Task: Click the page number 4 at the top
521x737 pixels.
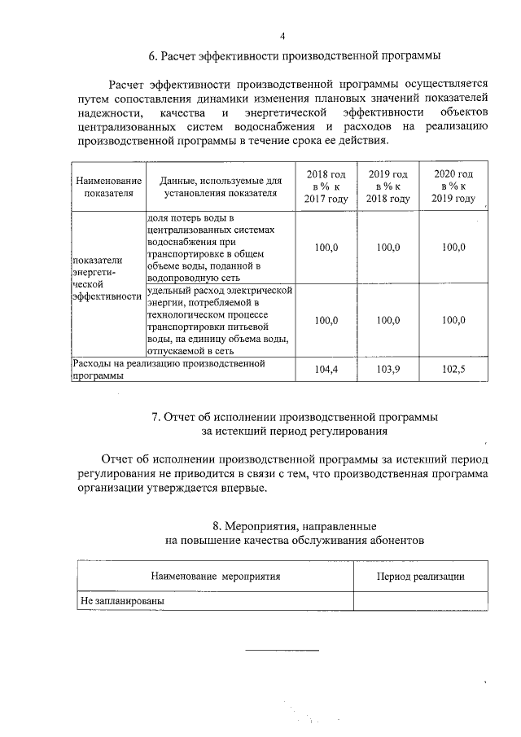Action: tap(282, 37)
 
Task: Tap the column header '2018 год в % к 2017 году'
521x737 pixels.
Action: tap(326, 187)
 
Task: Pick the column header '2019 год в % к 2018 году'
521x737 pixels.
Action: tap(387, 187)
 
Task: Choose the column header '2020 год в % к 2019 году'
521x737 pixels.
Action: tap(453, 187)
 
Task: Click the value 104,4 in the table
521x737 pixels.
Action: tap(326, 370)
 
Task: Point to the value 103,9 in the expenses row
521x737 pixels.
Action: tap(387, 370)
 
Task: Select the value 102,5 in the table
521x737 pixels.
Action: tap(453, 370)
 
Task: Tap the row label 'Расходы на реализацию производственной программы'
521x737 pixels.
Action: tap(169, 370)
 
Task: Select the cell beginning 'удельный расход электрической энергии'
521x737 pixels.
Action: tap(219, 320)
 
